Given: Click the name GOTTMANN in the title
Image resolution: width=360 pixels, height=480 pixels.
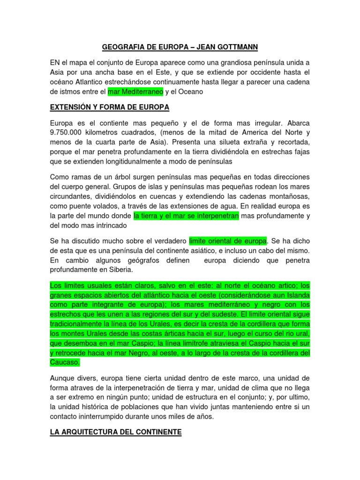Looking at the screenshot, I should click(237, 47).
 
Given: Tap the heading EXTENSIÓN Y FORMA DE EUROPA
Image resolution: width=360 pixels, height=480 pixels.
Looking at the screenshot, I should click(110, 107).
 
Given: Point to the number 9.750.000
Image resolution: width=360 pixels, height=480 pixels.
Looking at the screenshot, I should click(68, 132).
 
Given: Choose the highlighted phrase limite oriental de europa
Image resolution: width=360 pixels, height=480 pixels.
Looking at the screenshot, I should click(228, 241).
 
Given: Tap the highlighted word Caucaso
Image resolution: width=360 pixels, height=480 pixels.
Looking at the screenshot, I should click(65, 362).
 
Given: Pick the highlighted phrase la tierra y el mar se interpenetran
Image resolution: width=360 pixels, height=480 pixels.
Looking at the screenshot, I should click(187, 216).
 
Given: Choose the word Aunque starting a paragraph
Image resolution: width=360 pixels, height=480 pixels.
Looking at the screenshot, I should click(64, 378).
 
